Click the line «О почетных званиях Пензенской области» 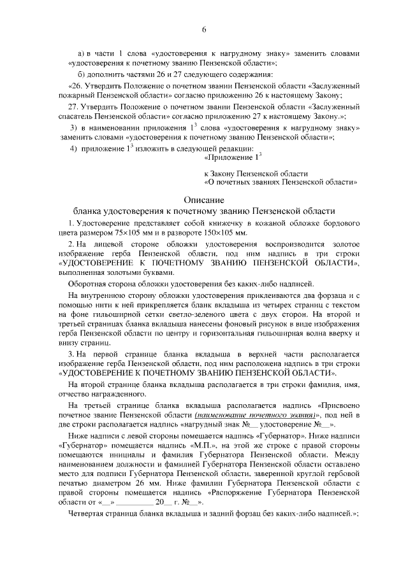pos(280,181)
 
